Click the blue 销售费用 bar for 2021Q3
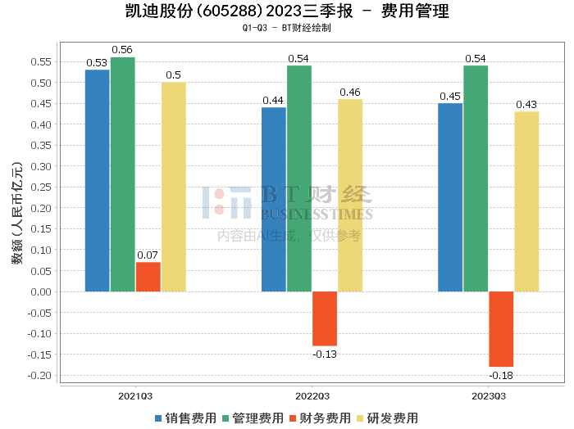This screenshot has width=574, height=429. pos(97,180)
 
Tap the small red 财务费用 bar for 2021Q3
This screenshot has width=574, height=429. pos(148,277)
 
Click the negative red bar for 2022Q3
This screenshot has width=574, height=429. pos(325,318)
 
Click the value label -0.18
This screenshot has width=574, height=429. pos(501,375)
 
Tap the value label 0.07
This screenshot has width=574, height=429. pos(148,255)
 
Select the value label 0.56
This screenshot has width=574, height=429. pos(123,51)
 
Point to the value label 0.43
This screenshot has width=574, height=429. pos(526,105)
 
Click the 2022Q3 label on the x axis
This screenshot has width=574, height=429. pos(312,395)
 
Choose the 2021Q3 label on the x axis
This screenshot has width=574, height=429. pos(136,395)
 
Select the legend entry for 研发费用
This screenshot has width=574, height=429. pos(389,418)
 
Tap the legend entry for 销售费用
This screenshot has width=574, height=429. pos(185,418)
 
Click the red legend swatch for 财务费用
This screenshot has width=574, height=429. pos(294,418)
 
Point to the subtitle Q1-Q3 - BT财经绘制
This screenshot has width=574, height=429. pos(286,28)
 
